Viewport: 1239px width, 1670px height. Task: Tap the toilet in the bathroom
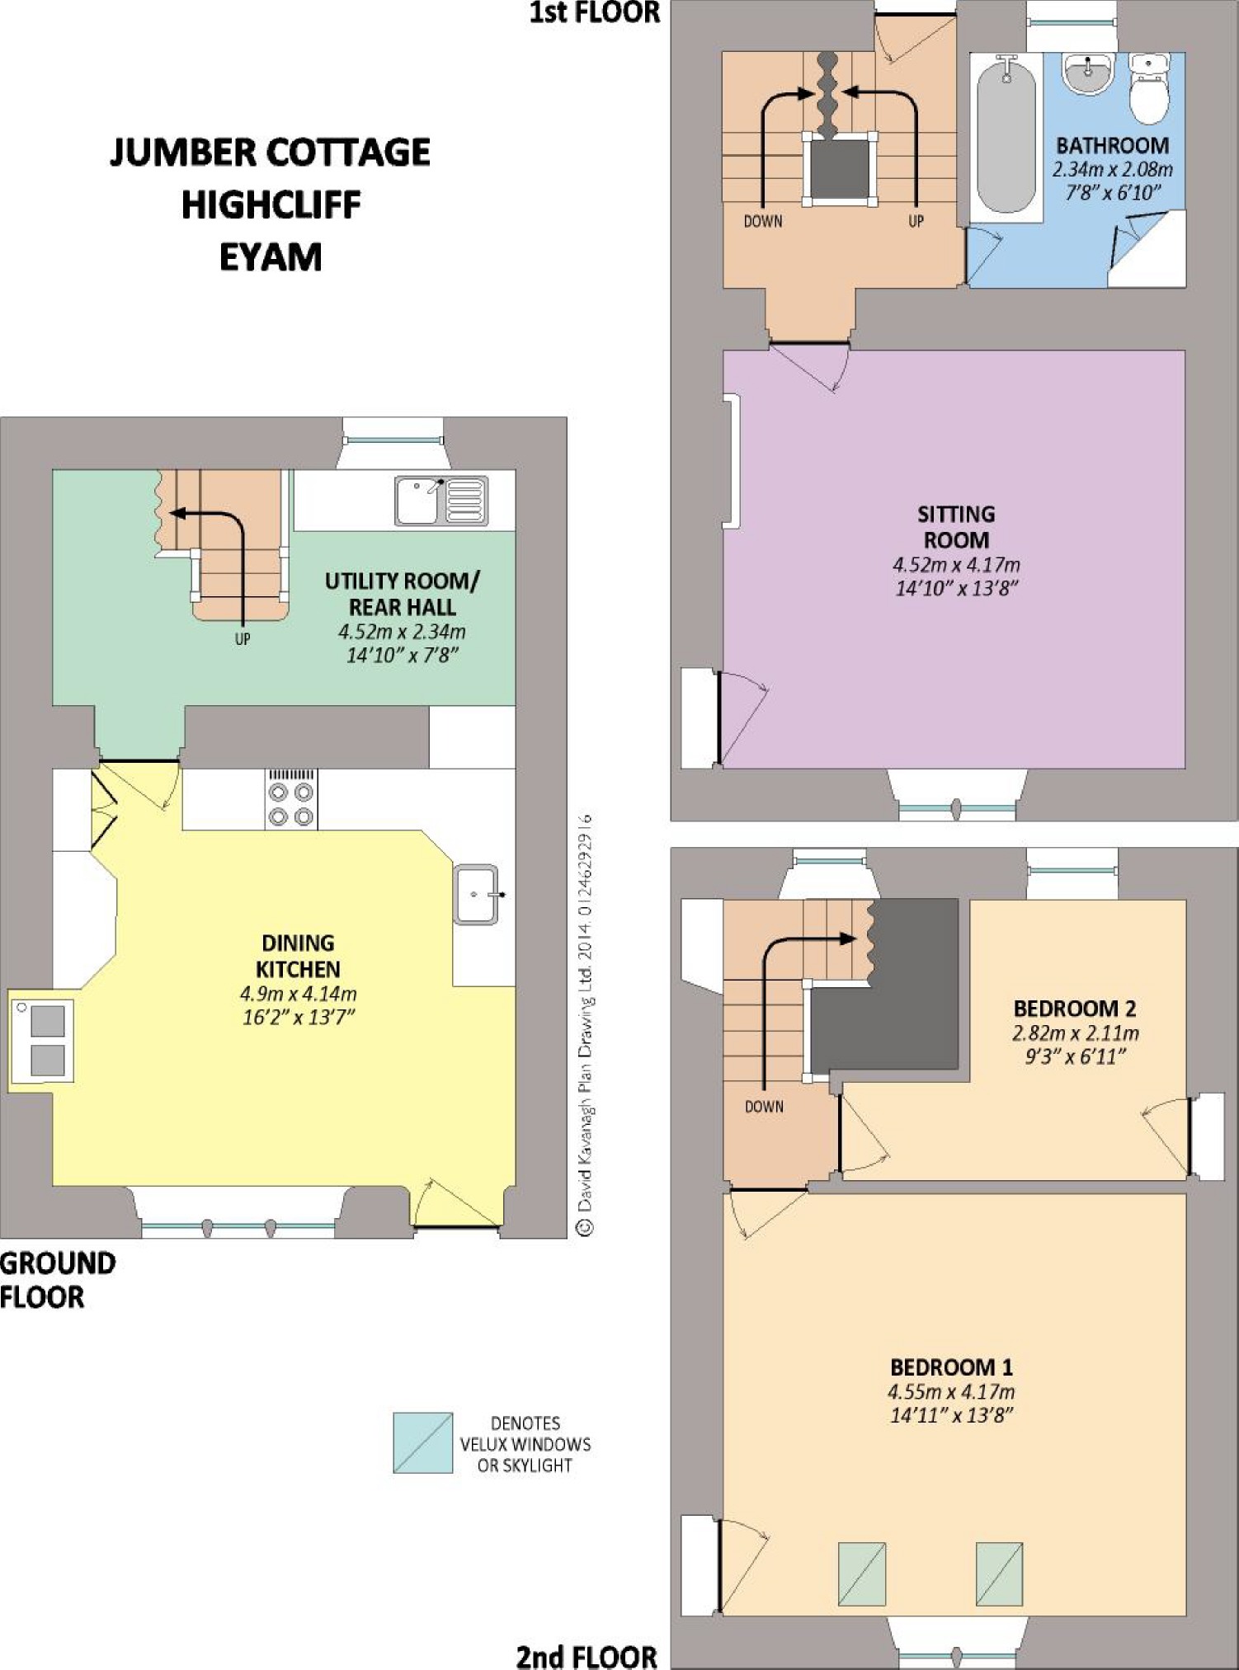tap(1148, 88)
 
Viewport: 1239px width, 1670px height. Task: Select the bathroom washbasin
tap(1089, 73)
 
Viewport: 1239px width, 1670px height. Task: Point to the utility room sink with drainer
tap(440, 500)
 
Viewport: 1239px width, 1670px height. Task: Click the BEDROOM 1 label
tap(951, 1367)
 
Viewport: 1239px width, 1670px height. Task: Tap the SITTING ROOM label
tap(956, 527)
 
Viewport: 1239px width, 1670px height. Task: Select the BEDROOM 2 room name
tap(1075, 1008)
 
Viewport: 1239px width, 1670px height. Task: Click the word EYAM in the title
tap(271, 257)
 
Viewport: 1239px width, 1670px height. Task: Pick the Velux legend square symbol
tap(422, 1442)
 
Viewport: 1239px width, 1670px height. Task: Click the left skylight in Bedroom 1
tap(862, 1574)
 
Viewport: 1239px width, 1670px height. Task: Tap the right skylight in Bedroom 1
tap(999, 1574)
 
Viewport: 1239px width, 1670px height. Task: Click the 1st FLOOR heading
tap(595, 12)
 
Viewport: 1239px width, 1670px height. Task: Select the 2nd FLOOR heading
tap(587, 1656)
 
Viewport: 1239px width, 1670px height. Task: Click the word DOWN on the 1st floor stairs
tap(763, 221)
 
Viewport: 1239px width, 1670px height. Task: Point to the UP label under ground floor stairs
tap(243, 638)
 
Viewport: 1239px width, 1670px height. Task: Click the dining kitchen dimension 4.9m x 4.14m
tap(298, 994)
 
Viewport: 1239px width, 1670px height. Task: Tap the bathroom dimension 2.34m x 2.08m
tap(1112, 170)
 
